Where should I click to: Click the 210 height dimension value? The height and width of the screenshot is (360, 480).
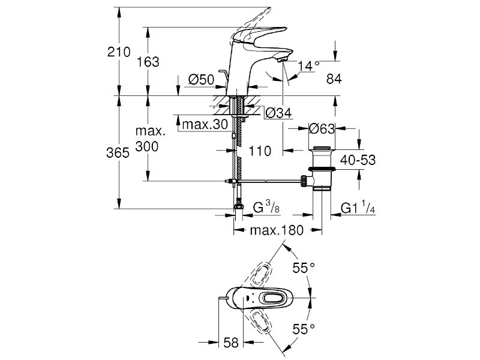click(x=119, y=52)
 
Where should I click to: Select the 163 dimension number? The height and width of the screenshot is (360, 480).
click(x=148, y=62)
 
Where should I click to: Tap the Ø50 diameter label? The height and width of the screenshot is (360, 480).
click(x=201, y=80)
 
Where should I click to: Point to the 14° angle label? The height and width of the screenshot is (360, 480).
click(x=309, y=65)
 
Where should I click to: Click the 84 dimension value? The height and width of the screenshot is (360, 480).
click(x=334, y=79)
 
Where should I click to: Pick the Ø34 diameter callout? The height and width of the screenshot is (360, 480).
click(x=278, y=113)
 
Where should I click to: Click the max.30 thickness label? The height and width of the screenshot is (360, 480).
click(x=205, y=124)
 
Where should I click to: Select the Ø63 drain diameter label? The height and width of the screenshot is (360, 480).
click(x=322, y=128)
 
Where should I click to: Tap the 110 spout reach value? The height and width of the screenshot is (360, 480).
click(x=260, y=151)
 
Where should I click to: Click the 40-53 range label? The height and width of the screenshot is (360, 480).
click(x=358, y=160)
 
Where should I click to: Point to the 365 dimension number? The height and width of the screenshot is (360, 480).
click(x=118, y=152)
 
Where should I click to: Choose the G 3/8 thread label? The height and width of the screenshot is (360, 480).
click(x=266, y=208)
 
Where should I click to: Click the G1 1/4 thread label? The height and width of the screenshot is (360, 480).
click(x=358, y=207)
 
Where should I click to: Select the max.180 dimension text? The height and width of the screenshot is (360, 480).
click(x=277, y=230)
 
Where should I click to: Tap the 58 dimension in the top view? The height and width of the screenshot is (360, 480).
click(x=231, y=343)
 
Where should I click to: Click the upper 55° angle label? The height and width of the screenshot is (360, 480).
click(x=304, y=268)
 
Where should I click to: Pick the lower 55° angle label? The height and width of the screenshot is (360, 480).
click(x=304, y=329)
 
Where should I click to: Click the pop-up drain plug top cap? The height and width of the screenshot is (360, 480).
click(x=322, y=148)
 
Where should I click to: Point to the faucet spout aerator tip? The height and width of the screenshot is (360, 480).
click(x=281, y=60)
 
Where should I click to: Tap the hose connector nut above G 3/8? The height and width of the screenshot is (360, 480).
click(x=238, y=205)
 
